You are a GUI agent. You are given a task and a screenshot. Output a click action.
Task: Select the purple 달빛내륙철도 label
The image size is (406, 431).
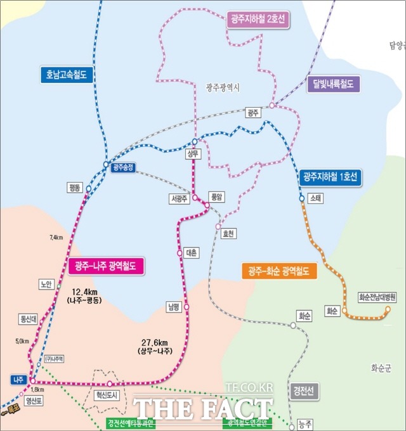pos(332,84)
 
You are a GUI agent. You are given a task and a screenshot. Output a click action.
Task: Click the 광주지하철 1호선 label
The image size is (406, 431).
pos(331,177)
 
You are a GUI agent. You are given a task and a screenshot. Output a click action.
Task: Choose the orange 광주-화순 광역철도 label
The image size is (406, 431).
pos(278,271)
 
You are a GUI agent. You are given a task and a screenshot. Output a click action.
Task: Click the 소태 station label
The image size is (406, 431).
pos(316,198)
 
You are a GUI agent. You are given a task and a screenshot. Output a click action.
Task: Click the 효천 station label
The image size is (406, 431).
pos(228,233)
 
